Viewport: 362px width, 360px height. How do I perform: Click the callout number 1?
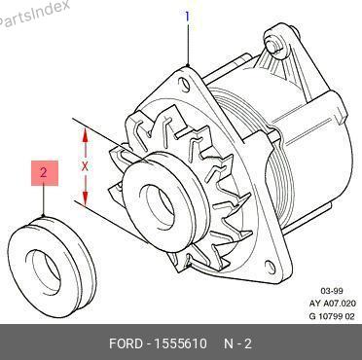187,17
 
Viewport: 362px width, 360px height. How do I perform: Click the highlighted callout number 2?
45,173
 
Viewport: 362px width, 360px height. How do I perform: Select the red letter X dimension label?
85,166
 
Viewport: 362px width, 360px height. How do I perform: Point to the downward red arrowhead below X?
85,198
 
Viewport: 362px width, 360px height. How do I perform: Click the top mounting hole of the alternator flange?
185,84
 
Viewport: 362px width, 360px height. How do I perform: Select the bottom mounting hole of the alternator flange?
271,267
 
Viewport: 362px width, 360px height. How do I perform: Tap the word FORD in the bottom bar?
126,343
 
